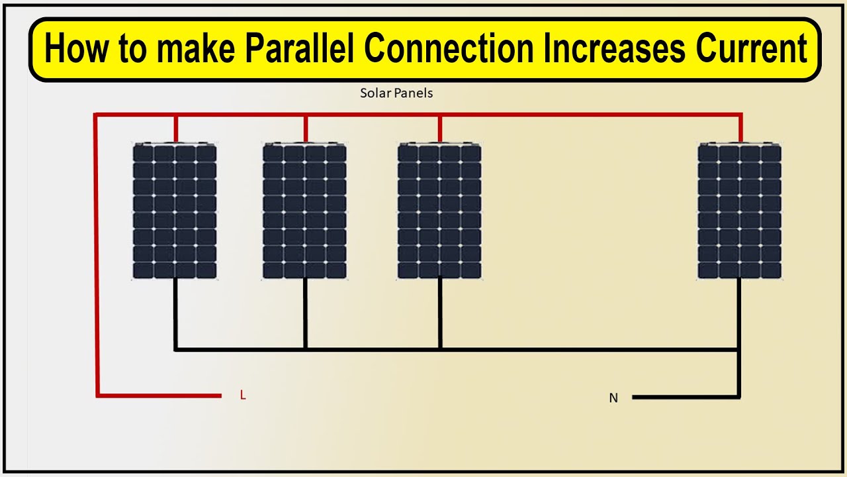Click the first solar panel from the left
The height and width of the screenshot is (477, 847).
pyautogui.click(x=175, y=211)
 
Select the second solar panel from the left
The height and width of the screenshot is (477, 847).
pyautogui.click(x=304, y=211)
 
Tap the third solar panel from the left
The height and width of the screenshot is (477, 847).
pyautogui.click(x=439, y=211)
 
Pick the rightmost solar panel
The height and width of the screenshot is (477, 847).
pyautogui.click(x=740, y=211)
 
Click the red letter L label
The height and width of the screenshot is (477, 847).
pyautogui.click(x=243, y=396)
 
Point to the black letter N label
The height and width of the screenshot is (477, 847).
pyautogui.click(x=613, y=398)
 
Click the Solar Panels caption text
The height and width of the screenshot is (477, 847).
pyautogui.click(x=396, y=93)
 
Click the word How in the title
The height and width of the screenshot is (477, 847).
pyautogui.click(x=71, y=49)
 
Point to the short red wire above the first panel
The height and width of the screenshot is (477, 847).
pyautogui.click(x=175, y=129)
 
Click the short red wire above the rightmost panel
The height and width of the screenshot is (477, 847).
pyautogui.click(x=740, y=129)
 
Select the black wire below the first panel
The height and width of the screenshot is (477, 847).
pyautogui.click(x=175, y=311)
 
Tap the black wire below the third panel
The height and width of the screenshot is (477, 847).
pyautogui.click(x=440, y=311)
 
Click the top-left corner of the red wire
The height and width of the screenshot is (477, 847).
pyautogui.click(x=97, y=115)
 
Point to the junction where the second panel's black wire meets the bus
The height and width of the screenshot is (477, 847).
pyautogui.click(x=305, y=348)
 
